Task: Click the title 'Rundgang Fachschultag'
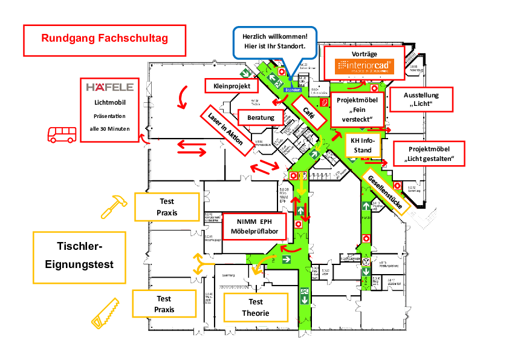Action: tap(105, 39)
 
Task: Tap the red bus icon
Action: tap(62, 134)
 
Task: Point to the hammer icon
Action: tap(113, 206)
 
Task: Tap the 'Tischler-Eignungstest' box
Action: tap(79, 256)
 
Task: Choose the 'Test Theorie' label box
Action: tap(255, 307)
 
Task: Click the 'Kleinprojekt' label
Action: tap(232, 87)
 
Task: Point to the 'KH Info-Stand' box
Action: tap(363, 145)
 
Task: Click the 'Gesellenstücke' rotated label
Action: tap(385, 190)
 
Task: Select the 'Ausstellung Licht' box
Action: tap(421, 100)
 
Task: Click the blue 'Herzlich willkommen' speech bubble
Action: tap(275, 41)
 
